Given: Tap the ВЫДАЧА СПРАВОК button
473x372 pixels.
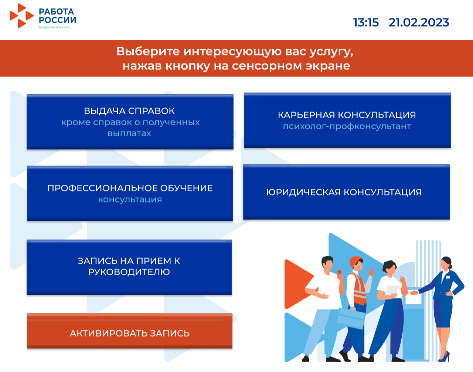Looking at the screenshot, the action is coord(130,122).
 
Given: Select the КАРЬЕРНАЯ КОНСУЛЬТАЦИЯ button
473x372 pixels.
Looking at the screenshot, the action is coord(347,120).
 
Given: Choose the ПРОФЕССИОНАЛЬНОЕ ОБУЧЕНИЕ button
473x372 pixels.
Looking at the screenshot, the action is coord(130,193).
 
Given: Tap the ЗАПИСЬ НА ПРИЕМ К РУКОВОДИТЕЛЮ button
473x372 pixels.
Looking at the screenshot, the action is coord(129,267).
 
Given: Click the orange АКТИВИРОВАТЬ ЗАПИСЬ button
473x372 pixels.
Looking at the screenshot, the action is coord(130,331).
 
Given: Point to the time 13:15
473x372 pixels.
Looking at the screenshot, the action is coord(366,23).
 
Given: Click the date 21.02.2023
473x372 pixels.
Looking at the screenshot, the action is coord(419,23).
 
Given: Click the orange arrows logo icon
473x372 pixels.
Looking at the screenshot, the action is coord(22,16).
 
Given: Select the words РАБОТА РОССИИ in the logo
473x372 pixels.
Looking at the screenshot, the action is coord(57,16).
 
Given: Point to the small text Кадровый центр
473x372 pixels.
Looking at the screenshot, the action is coord(54,27).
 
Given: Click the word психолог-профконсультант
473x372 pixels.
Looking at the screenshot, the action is coord(347,126).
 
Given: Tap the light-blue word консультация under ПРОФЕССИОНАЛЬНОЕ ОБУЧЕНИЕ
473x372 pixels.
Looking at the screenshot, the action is coord(130,199).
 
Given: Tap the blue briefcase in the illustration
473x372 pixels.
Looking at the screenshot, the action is coord(351,317).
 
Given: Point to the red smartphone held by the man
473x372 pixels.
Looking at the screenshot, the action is coord(339,273).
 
